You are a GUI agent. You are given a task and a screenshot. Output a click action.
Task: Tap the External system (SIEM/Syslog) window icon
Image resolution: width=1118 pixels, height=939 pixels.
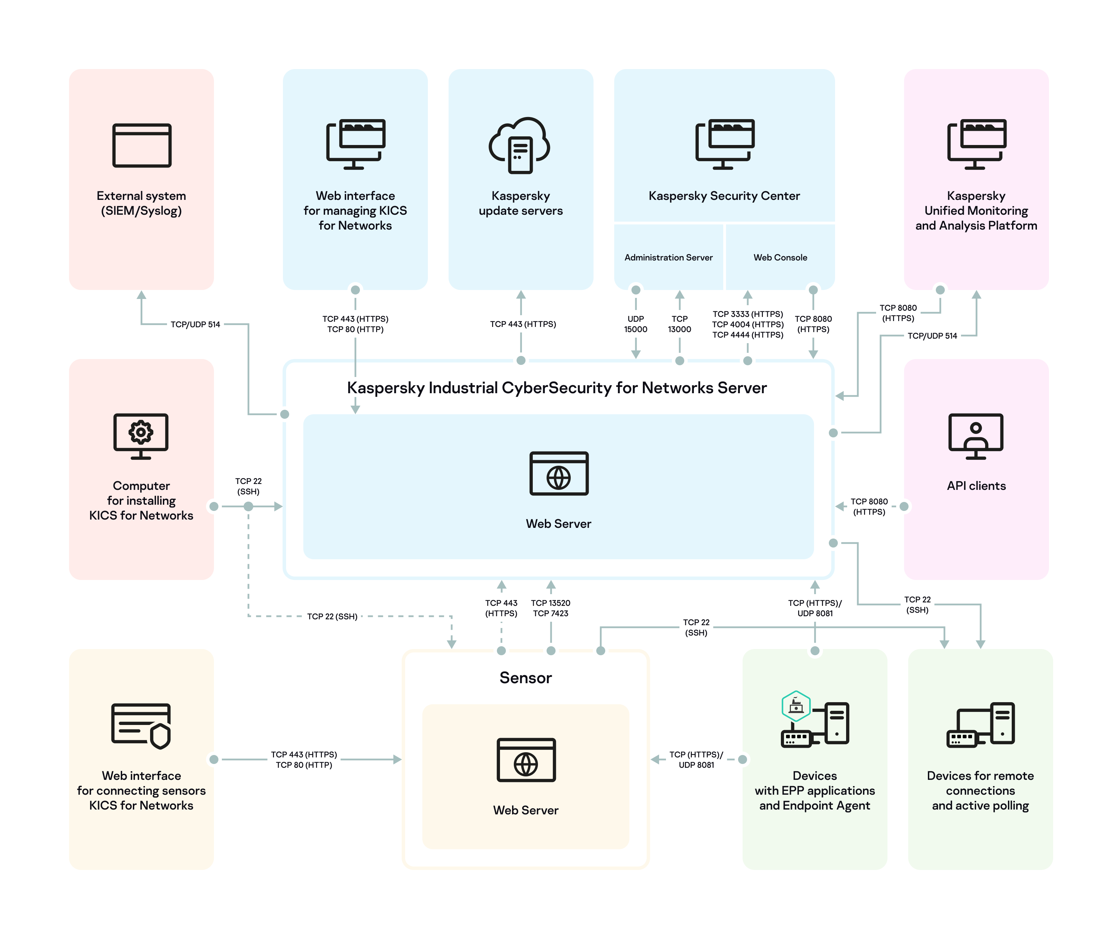[x=141, y=145]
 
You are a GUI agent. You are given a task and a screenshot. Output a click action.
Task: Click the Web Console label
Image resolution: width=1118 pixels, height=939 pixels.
[x=780, y=257]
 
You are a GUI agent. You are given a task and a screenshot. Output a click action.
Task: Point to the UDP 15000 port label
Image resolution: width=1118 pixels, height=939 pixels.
[x=635, y=324]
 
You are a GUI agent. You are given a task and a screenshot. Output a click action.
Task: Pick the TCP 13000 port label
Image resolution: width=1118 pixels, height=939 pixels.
[x=679, y=324]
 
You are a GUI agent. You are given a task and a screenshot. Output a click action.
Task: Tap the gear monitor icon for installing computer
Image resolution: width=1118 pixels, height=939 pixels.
[x=141, y=436]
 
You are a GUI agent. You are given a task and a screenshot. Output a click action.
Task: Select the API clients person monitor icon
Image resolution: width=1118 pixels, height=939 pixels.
[x=975, y=436]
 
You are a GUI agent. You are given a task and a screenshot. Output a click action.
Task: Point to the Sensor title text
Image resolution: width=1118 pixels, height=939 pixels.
[x=526, y=677]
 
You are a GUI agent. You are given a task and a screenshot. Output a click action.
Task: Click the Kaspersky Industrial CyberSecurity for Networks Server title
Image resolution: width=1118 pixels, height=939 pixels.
[x=557, y=388]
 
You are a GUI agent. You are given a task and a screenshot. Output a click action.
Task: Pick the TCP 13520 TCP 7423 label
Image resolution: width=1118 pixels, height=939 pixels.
[x=550, y=608]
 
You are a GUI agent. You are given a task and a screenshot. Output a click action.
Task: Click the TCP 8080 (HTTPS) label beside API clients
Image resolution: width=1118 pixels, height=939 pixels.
[x=869, y=506]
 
